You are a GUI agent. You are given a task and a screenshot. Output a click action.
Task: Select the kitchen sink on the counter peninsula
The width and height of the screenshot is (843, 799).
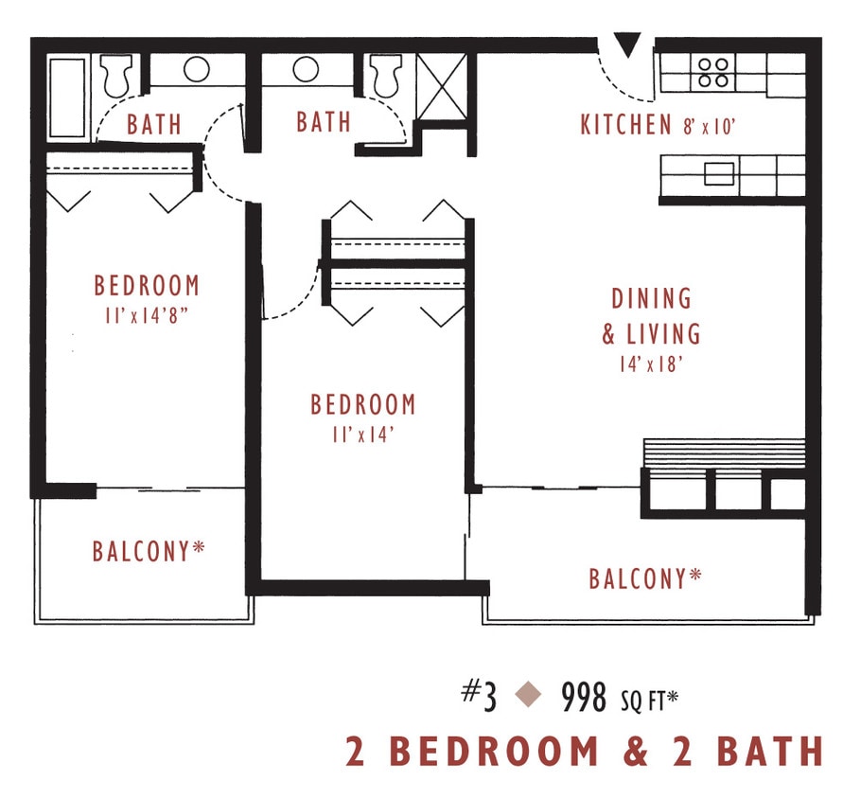click(x=719, y=173)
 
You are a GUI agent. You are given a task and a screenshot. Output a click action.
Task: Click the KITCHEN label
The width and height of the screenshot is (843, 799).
click(x=626, y=125)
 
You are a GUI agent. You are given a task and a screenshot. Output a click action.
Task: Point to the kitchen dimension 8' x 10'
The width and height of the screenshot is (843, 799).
click(x=709, y=126)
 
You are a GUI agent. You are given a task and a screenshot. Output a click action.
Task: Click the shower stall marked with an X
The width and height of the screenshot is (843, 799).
click(x=442, y=88)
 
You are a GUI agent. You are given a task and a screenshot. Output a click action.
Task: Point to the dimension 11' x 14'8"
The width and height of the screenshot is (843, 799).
click(x=147, y=313)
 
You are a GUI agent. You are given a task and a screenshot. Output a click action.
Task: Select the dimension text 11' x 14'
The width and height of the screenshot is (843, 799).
click(x=362, y=434)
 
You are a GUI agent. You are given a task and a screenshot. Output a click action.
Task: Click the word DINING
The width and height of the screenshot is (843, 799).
click(x=651, y=299)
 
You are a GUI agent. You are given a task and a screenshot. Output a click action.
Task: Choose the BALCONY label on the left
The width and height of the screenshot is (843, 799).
click(x=149, y=551)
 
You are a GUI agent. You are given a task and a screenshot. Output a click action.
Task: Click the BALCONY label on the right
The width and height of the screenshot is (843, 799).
click(x=645, y=578)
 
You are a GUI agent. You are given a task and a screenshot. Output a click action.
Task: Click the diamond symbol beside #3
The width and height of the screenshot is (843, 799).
click(x=528, y=697)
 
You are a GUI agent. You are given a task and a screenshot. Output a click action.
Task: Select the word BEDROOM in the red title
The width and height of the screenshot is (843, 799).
click(x=495, y=752)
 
